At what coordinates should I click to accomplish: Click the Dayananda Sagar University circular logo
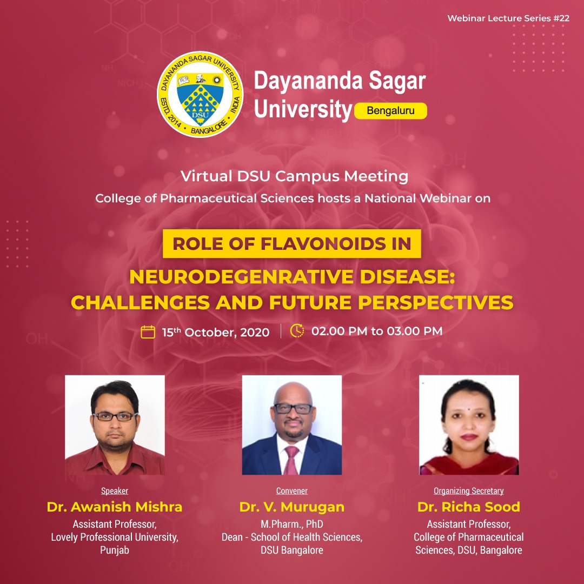(x=200, y=94)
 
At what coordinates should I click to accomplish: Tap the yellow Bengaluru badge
(x=390, y=111)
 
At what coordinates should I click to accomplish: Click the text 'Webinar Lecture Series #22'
(x=508, y=18)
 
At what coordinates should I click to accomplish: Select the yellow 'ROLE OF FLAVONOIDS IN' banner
(x=292, y=243)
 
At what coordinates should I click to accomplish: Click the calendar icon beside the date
(x=148, y=332)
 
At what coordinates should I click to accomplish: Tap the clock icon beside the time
(x=297, y=331)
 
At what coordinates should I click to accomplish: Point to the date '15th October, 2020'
(x=216, y=332)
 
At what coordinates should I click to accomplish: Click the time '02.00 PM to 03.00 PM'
(x=377, y=331)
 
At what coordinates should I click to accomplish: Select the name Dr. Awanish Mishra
(x=115, y=507)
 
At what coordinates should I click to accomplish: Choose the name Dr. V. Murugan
(x=292, y=507)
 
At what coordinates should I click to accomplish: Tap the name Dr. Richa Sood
(x=468, y=507)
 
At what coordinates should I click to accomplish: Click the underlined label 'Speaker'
(x=115, y=491)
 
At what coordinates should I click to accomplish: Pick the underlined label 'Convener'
(x=292, y=491)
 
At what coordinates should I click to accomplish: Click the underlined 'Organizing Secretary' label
(x=468, y=491)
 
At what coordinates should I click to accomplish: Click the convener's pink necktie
(x=291, y=460)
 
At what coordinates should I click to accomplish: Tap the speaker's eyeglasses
(x=115, y=416)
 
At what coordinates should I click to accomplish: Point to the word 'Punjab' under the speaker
(x=115, y=550)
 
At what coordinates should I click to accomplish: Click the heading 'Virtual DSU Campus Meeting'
(x=294, y=176)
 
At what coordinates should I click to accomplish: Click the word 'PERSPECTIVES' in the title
(x=436, y=302)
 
